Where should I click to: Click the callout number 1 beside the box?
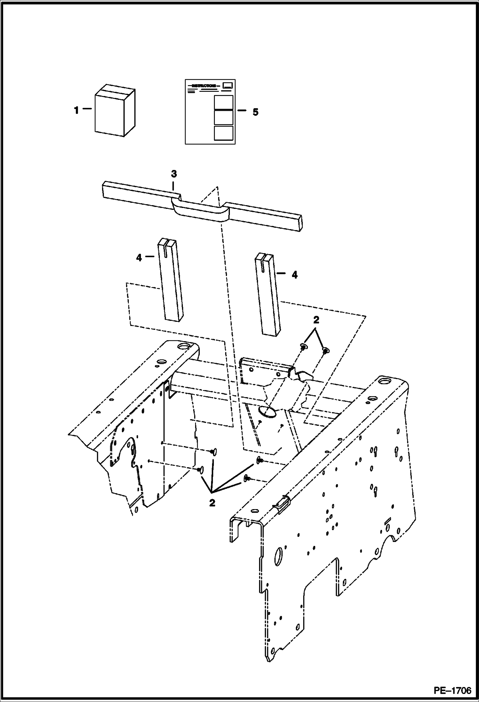coord(76,111)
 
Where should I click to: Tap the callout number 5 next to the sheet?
coord(255,112)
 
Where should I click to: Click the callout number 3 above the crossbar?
coord(174,174)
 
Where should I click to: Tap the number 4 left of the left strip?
coord(139,258)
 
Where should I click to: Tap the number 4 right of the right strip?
coord(294,275)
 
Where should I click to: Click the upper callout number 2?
coord(316,320)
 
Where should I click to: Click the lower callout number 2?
coord(212,503)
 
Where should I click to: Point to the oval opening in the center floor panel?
coord(268,413)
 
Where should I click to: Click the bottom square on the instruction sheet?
coord(223,133)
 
